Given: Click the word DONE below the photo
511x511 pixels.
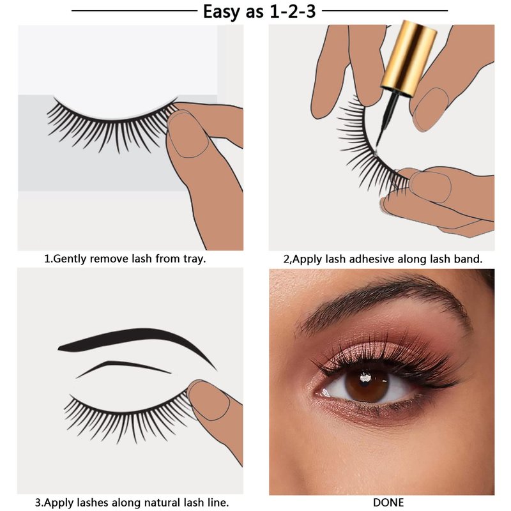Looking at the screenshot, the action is click(388, 502).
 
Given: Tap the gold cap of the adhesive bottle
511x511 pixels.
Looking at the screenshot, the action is click(410, 58).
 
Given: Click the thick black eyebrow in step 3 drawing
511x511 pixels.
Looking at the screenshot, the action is click(137, 343).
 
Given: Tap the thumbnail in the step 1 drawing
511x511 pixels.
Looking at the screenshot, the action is click(187, 134).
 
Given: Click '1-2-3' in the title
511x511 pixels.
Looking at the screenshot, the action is click(293, 11).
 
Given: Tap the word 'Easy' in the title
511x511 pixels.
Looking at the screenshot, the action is click(222, 12).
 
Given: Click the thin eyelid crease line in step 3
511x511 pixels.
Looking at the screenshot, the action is click(123, 367).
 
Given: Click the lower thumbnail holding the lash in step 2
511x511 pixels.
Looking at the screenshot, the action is click(430, 187).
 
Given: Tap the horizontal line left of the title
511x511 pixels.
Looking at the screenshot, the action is click(134, 11).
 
